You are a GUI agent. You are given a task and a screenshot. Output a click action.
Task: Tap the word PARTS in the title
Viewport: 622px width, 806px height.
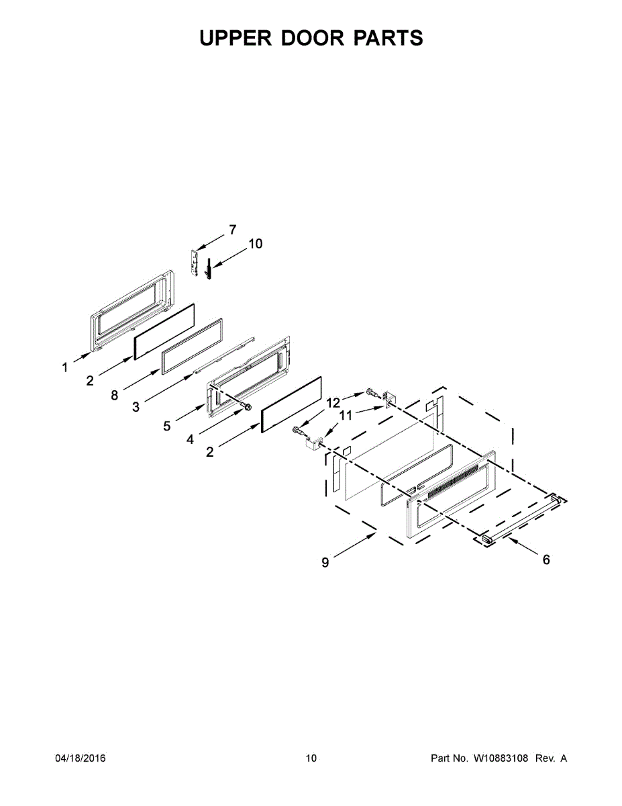(388, 38)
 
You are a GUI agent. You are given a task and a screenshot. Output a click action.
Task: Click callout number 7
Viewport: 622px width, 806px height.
(232, 230)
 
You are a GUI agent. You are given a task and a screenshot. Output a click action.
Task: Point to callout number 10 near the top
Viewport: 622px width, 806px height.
(256, 244)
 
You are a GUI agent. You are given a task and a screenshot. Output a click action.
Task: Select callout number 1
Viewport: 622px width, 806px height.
(65, 367)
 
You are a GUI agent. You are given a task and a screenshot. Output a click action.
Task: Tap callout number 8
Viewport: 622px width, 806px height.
(115, 396)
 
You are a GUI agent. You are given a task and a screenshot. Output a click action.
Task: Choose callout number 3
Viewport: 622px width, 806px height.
(136, 407)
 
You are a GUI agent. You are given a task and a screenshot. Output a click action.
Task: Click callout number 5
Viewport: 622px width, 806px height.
(166, 426)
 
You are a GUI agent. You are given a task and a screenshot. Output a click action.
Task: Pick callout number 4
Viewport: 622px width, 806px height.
(191, 439)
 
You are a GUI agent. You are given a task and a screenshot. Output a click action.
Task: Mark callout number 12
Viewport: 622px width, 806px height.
(333, 402)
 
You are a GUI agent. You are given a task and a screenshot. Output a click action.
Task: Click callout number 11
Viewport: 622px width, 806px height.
(345, 416)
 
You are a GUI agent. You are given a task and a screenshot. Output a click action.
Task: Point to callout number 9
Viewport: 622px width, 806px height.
(325, 563)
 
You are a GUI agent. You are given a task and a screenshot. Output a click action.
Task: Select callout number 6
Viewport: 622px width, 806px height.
(546, 559)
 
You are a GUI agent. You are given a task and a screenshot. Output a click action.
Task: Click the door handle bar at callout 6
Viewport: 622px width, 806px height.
(520, 517)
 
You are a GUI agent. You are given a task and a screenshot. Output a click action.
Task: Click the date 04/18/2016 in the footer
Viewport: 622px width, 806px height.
(80, 758)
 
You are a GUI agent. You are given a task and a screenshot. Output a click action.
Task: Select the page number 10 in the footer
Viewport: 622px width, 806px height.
(311, 758)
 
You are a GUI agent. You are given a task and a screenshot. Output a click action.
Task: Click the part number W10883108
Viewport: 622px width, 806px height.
(501, 758)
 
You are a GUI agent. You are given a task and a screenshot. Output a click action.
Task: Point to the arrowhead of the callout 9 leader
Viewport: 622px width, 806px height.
(374, 535)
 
